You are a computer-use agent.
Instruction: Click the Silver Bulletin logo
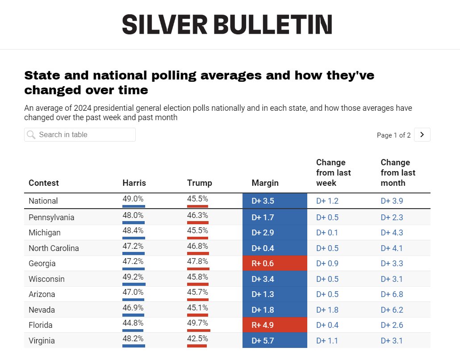[x=227, y=24]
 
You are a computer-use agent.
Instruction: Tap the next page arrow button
[x=422, y=134]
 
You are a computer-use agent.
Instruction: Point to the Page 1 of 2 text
[x=393, y=135]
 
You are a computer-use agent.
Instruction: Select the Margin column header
[x=265, y=183]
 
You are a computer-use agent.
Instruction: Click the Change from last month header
[x=398, y=172]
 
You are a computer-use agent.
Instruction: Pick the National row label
[x=43, y=201]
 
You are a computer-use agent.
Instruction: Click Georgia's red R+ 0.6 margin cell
[x=275, y=264]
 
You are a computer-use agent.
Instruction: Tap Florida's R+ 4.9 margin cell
[x=275, y=325]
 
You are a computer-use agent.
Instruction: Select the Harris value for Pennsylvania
[x=133, y=215]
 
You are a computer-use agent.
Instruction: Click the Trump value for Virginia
[x=197, y=338]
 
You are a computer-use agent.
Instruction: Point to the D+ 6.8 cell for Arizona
[x=392, y=294]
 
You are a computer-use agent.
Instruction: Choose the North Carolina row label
[x=54, y=248]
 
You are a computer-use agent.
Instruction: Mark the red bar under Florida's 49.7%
[x=198, y=330]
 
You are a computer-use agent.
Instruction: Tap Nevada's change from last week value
[x=327, y=310]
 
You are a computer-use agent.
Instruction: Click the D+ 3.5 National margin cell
[x=275, y=201]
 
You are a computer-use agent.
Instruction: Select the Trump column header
[x=199, y=183]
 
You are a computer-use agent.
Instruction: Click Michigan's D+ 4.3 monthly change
[x=392, y=233]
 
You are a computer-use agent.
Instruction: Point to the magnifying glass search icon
[x=31, y=135]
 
